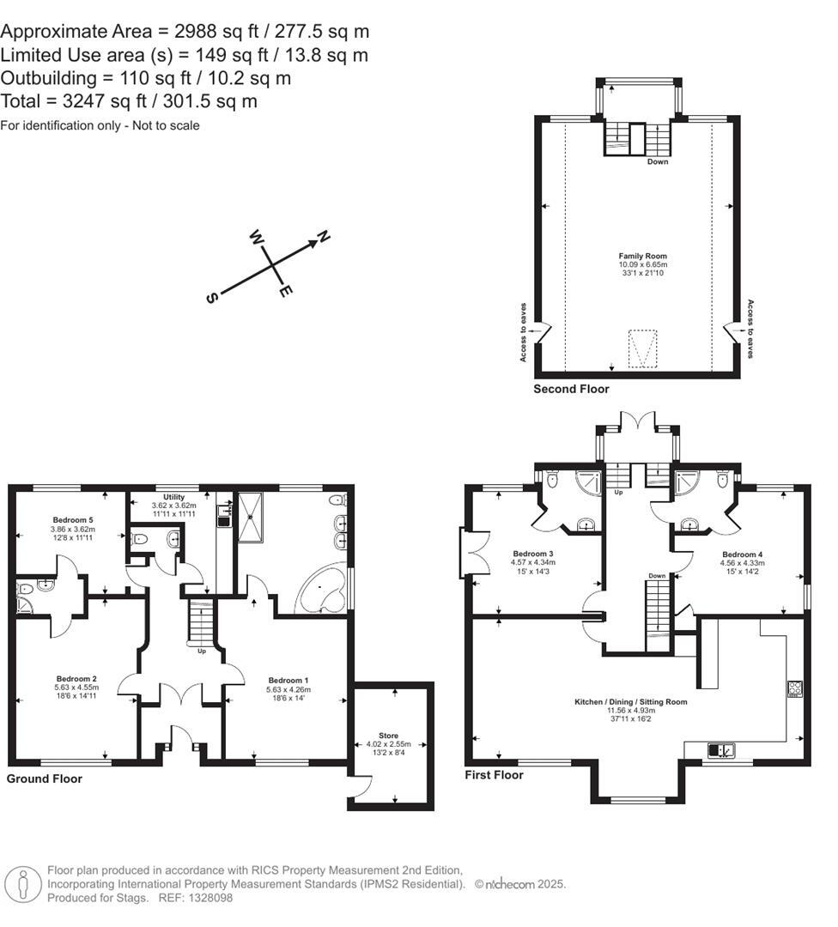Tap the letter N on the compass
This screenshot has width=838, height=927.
pos(324,236)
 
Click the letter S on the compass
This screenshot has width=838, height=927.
pos(211,297)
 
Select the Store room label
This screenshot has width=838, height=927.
pos(390,735)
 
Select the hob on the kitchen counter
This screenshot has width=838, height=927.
pos(795,688)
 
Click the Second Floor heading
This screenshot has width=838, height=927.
pos(571,389)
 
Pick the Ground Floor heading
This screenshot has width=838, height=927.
pos(45,779)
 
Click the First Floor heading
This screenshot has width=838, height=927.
pos(494,774)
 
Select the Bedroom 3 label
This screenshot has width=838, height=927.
pos(533,553)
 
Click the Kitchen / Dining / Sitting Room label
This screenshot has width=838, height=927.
pos(631,701)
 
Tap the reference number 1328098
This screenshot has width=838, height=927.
pos(209,898)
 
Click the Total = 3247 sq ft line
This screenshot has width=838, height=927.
pos(129,101)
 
